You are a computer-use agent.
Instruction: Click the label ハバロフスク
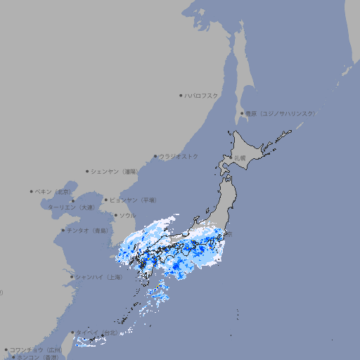[202, 95]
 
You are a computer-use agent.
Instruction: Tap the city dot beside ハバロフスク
[181, 95]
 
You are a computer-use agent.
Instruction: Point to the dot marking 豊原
[242, 113]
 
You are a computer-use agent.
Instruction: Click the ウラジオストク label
[179, 156]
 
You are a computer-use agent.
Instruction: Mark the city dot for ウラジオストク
[155, 156]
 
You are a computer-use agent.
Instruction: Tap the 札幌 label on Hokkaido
[240, 158]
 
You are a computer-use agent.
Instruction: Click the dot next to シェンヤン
[87, 171]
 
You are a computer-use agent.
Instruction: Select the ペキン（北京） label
[54, 191]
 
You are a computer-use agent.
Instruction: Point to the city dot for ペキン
[32, 191]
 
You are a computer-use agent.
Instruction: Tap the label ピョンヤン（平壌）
[134, 200]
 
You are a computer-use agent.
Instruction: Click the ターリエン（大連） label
[71, 208]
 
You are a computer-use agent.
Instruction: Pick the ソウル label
[127, 215]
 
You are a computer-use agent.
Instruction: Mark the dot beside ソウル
[115, 215]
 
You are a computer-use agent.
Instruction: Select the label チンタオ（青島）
[88, 230]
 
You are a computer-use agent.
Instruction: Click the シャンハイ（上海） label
[99, 277]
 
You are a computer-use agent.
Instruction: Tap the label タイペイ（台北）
[98, 333]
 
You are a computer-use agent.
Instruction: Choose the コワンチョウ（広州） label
[35, 349]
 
